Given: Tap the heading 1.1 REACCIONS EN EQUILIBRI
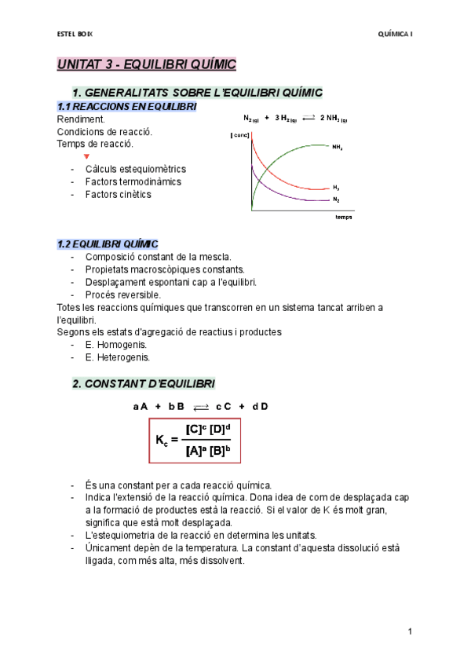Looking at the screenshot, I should [126, 106].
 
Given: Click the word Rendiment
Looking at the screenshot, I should [80, 119].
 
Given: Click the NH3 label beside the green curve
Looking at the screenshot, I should [337, 147].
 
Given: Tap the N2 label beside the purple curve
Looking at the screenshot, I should [336, 200].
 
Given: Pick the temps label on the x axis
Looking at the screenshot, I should [343, 218].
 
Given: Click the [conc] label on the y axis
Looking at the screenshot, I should [239, 136].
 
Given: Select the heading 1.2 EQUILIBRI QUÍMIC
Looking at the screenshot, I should [108, 244].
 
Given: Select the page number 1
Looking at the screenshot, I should [410, 631].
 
